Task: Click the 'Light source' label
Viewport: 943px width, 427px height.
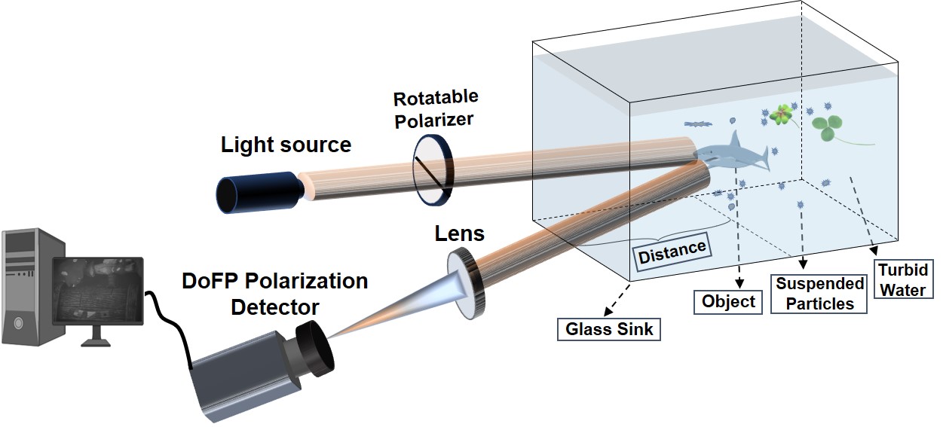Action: pos(286,145)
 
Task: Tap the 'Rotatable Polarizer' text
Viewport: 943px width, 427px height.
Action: pos(435,108)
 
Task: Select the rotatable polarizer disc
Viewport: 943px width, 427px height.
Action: pos(432,169)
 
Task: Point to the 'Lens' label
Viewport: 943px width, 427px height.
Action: pos(459,233)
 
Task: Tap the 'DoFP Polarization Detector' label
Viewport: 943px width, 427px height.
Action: pos(275,294)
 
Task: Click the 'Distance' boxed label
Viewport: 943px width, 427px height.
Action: pos(672,252)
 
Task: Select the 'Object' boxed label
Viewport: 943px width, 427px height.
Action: pos(727,302)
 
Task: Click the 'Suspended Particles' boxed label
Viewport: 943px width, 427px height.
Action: pos(820,294)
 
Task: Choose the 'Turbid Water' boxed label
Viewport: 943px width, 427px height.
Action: pos(903,279)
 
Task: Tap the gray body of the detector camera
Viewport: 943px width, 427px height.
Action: pos(241,377)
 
